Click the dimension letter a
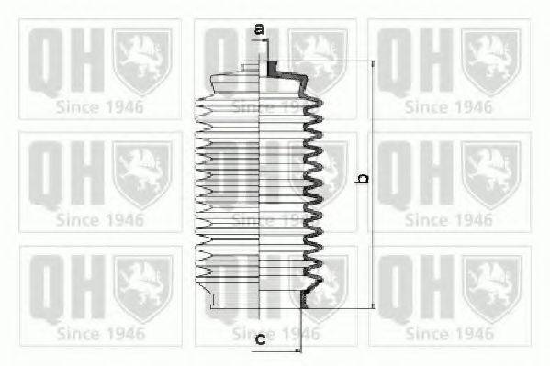[259, 29]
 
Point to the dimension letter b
[362, 179]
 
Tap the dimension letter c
[260, 339]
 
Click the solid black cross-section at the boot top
[272, 69]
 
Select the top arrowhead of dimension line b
[373, 64]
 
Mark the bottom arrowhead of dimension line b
[373, 305]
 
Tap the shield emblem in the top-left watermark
[142, 61]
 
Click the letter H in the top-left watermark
[88, 60]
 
